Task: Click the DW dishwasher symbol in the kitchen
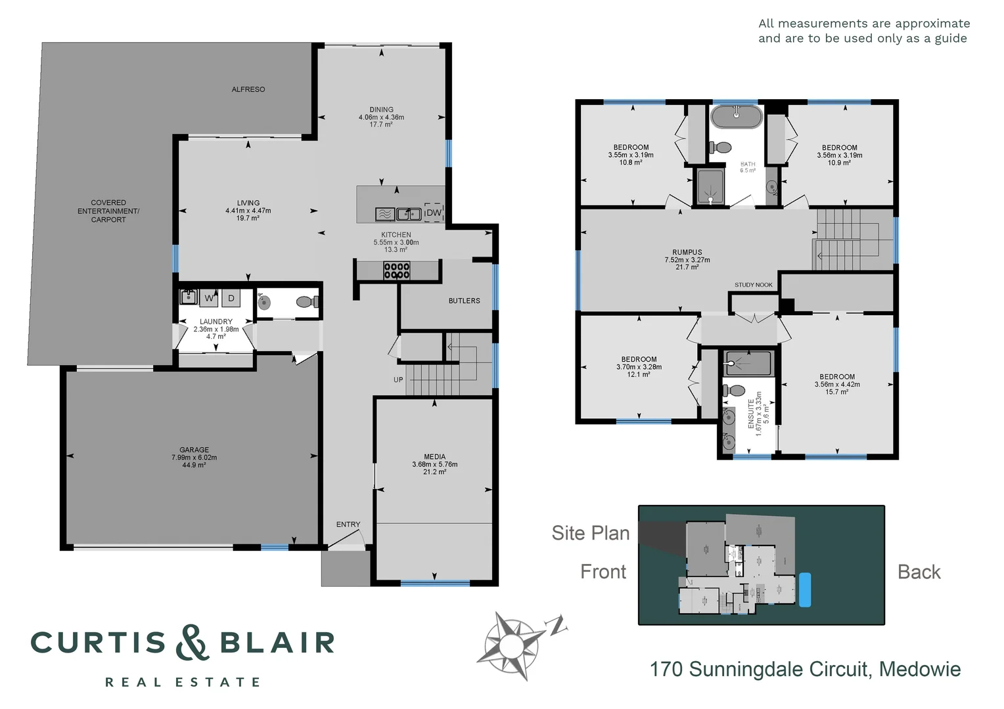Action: point(434,213)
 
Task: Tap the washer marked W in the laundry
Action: point(209,298)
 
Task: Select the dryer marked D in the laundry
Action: point(231,298)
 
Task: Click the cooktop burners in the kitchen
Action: point(397,270)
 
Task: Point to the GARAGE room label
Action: point(194,450)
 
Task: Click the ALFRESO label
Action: point(248,89)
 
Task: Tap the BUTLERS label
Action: point(465,301)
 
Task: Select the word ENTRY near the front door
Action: point(348,525)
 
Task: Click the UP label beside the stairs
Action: point(398,379)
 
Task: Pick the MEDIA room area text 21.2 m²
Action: point(434,472)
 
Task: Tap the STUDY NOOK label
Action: point(754,285)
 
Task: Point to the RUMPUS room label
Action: point(687,252)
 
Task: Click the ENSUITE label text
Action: point(752,414)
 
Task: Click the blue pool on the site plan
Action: point(804,590)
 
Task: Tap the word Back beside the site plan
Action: point(919,572)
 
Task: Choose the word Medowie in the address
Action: point(920,670)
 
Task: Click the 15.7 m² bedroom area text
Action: point(837,392)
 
